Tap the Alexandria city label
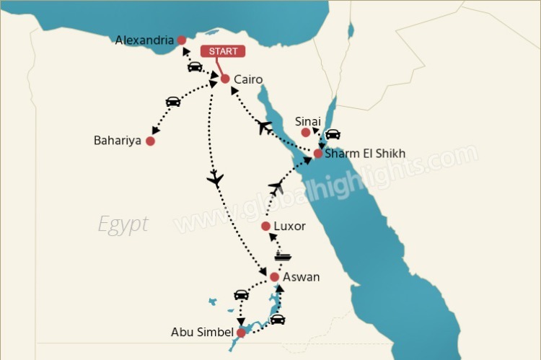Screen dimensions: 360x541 point(144,40)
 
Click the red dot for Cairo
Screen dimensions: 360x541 point(224,79)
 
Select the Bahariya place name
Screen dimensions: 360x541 point(118,140)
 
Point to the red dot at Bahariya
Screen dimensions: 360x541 point(150,141)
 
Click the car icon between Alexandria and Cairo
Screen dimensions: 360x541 point(195,67)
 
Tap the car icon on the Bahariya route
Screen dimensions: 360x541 point(173,102)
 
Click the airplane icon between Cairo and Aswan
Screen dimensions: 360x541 point(215,179)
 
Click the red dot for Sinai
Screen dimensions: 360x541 point(306,133)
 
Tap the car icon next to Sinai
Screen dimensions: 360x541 point(333,134)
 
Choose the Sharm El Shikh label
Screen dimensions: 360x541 point(365,154)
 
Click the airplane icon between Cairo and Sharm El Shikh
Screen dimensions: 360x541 point(265,128)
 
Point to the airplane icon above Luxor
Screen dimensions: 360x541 point(276,188)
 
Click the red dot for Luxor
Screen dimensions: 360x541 point(265,227)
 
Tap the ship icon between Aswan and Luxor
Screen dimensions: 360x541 point(283,256)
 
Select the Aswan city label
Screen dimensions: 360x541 point(301,277)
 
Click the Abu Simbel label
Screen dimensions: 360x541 point(202,333)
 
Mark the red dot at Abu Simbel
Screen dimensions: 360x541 point(241,333)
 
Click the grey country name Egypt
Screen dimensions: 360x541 point(123,223)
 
